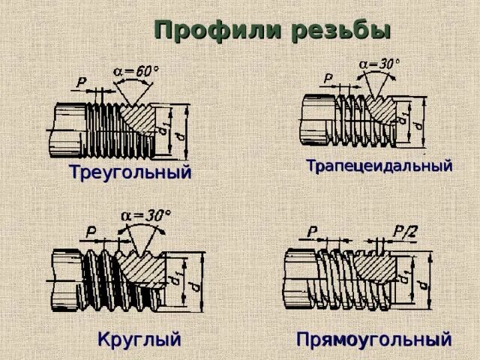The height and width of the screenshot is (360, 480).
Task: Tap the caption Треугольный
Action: click(x=130, y=172)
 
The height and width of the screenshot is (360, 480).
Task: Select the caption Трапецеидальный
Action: click(x=379, y=166)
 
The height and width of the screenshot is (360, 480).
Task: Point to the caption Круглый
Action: click(x=139, y=339)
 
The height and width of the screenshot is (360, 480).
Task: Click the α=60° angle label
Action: click(x=136, y=71)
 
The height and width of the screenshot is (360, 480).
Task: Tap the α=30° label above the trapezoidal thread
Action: click(x=379, y=64)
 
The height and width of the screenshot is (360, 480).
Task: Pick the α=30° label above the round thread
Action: click(x=146, y=215)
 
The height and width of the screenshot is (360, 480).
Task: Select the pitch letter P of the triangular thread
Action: click(x=81, y=80)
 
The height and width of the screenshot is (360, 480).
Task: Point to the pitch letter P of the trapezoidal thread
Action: click(x=328, y=78)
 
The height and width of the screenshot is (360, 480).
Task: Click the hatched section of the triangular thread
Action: click(x=138, y=120)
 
